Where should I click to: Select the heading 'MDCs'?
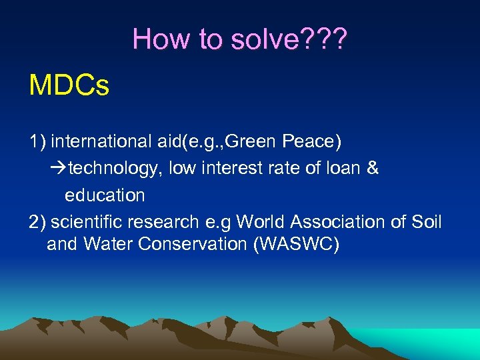coord(69,86)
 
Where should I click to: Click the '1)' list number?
coord(37,142)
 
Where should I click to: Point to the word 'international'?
coord(100,142)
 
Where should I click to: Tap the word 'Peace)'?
coord(313,142)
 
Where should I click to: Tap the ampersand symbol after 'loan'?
coord(372,169)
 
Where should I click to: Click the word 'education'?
coord(105,195)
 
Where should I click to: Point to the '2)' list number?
coord(37,222)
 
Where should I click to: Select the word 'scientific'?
coord(90,222)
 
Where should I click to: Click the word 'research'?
coord(167,222)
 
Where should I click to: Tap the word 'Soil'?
coord(427,222)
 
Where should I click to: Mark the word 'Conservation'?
coord(193,245)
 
